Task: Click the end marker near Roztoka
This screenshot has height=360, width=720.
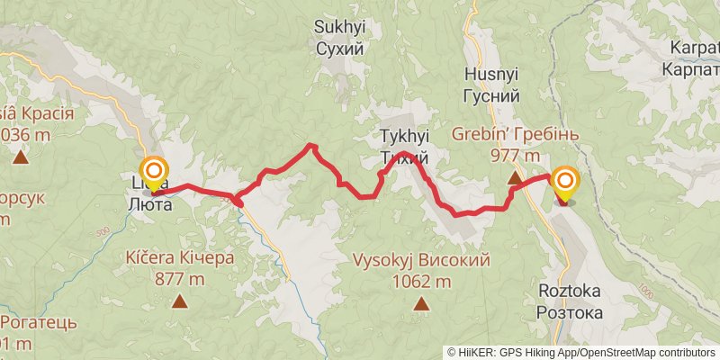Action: click(x=565, y=184)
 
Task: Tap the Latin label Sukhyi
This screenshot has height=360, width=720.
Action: click(x=339, y=27)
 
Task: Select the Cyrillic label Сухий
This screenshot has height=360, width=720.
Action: click(x=339, y=48)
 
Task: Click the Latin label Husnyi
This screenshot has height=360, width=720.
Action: click(x=492, y=75)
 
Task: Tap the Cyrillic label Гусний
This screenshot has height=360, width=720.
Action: click(x=492, y=95)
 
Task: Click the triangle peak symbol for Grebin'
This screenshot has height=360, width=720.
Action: click(x=515, y=178)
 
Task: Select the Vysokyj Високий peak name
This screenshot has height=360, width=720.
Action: click(x=421, y=261)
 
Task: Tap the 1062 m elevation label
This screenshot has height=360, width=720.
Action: click(x=421, y=281)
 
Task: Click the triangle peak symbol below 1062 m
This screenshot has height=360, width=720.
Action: click(x=420, y=304)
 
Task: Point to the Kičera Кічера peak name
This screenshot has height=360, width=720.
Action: click(x=181, y=258)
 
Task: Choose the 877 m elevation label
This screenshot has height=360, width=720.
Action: click(x=181, y=278)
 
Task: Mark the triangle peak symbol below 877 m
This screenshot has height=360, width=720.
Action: click(x=180, y=301)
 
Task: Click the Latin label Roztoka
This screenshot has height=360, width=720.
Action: click(x=569, y=292)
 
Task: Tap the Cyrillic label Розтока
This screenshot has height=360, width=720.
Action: click(x=569, y=312)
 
